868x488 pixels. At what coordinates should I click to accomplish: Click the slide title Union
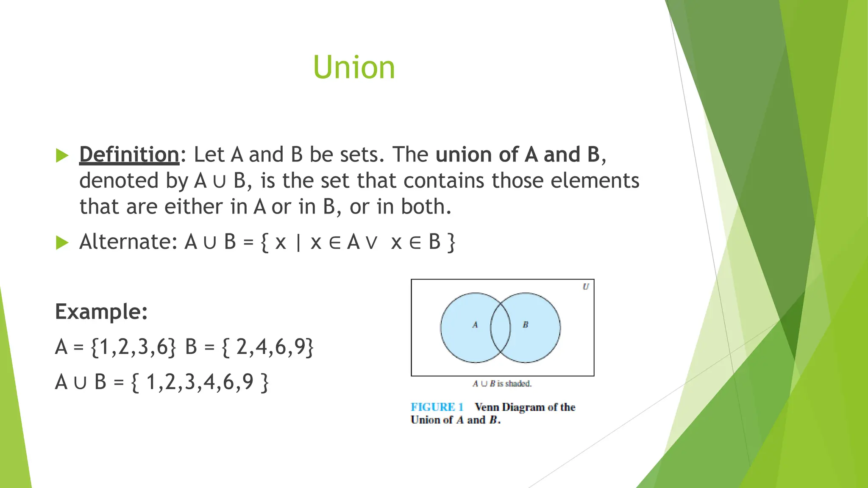point(354,68)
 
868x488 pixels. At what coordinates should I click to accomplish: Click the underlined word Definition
point(129,155)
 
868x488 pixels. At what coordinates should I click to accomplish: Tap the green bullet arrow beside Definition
point(62,155)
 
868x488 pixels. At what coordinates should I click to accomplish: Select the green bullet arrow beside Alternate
point(62,243)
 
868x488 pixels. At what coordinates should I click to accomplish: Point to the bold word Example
point(101,312)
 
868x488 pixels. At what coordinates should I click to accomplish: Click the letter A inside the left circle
point(475,325)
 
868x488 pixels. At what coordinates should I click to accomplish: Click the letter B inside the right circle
point(526,325)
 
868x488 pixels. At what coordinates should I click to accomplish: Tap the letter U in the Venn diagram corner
point(586,287)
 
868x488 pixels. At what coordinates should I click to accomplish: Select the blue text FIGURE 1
point(437,407)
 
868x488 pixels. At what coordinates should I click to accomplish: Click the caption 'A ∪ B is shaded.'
point(502,384)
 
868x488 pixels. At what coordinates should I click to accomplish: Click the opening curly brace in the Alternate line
point(265,243)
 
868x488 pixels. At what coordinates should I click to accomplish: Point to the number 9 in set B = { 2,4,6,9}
point(300,347)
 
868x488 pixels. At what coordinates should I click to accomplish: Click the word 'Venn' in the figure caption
point(487,407)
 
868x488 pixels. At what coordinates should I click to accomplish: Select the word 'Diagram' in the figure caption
point(523,407)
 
